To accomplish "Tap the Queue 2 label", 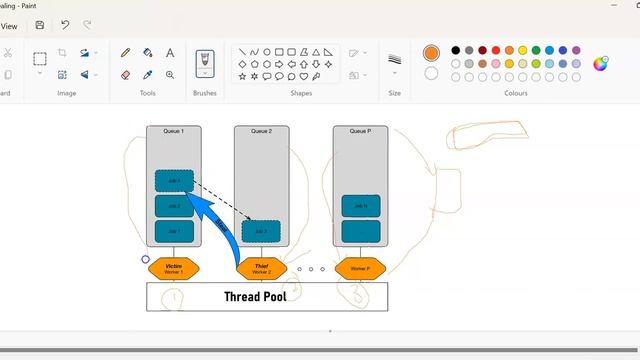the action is (261, 131).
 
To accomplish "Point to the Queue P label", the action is (360, 131).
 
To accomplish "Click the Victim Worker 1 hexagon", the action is (174, 268).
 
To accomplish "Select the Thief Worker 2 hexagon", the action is (261, 268).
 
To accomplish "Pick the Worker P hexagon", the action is (360, 268).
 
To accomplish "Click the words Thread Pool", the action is (255, 296).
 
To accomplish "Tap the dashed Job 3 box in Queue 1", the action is (174, 181).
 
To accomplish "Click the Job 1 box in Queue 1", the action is (174, 231).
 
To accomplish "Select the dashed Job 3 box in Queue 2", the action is (261, 231).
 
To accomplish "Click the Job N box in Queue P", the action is (361, 207).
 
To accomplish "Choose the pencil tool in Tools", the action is (126, 53).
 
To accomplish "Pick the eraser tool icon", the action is (126, 74).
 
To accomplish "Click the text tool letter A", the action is (170, 53).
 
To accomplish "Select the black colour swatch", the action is (455, 50).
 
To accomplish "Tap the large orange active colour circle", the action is (431, 53).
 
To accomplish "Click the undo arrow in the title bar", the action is (65, 25).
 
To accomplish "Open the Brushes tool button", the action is (204, 60).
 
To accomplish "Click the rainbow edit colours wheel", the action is (601, 64).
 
